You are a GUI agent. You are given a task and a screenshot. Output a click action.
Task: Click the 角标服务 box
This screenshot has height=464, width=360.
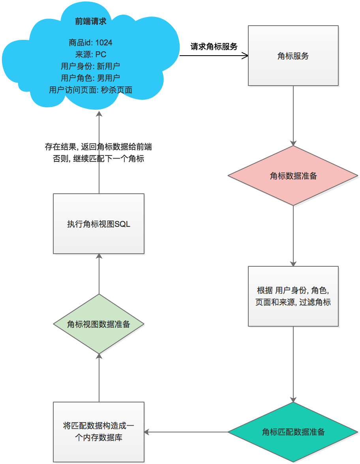293,56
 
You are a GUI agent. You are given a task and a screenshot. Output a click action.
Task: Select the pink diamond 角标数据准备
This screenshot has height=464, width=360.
293,176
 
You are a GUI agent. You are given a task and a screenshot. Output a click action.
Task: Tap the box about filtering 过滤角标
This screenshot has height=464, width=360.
293,296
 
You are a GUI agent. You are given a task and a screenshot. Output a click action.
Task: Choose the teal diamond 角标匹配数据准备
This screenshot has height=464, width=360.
293,432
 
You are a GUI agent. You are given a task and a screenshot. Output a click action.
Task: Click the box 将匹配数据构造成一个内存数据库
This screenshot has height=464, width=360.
99,432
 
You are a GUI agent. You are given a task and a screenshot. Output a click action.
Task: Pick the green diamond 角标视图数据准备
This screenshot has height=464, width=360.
99,324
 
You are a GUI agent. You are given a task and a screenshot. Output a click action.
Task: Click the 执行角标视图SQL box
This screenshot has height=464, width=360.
99,224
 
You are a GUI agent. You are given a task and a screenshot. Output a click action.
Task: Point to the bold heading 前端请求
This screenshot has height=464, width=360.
90,22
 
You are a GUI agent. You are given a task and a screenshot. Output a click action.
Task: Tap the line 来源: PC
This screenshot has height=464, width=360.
90,54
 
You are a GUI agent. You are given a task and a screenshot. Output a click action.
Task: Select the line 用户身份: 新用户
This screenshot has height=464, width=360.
90,66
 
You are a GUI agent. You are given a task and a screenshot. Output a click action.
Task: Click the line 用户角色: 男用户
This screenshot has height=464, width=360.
90,78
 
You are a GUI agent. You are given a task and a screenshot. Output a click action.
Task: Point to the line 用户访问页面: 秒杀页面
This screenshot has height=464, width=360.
90,90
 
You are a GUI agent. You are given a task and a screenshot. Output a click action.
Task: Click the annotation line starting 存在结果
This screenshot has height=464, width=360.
98,147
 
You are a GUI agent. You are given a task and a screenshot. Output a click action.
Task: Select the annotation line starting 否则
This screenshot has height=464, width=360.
98,159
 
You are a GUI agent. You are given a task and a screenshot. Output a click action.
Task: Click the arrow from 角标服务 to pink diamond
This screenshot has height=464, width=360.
293,114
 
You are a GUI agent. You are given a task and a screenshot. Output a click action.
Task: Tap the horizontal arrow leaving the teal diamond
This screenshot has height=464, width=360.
186,432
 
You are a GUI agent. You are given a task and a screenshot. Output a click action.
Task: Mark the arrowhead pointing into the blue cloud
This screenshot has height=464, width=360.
99,114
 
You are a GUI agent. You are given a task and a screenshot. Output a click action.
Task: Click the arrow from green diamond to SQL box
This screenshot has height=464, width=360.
99,274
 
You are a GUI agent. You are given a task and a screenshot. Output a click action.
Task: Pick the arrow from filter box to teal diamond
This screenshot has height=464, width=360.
293,363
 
